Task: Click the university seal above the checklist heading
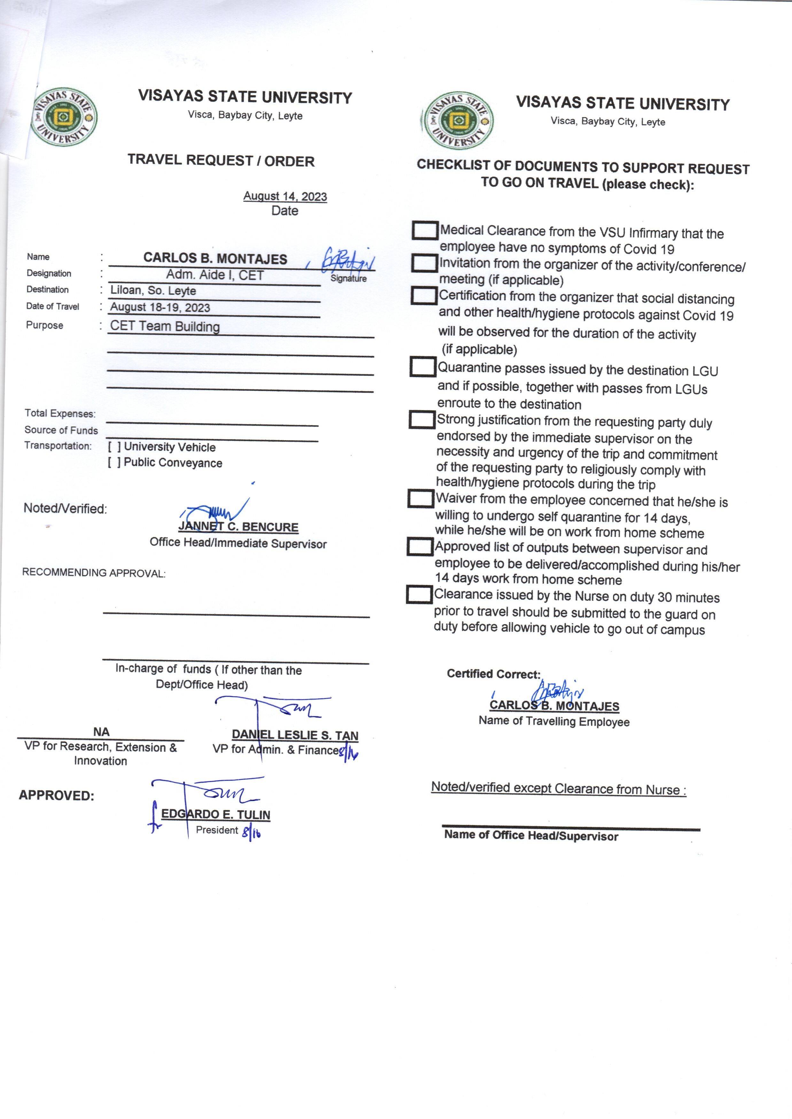457,121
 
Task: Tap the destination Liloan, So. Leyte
153,290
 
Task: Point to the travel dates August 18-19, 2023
160,307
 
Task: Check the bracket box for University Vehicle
114,446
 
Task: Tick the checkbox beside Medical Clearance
424,230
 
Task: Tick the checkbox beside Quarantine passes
422,367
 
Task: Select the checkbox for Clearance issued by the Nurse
419,594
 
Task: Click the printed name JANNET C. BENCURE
238,527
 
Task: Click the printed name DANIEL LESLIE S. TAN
295,735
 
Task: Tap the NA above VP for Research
101,732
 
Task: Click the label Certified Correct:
493,674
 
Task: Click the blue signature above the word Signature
347,260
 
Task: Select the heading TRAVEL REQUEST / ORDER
221,160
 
